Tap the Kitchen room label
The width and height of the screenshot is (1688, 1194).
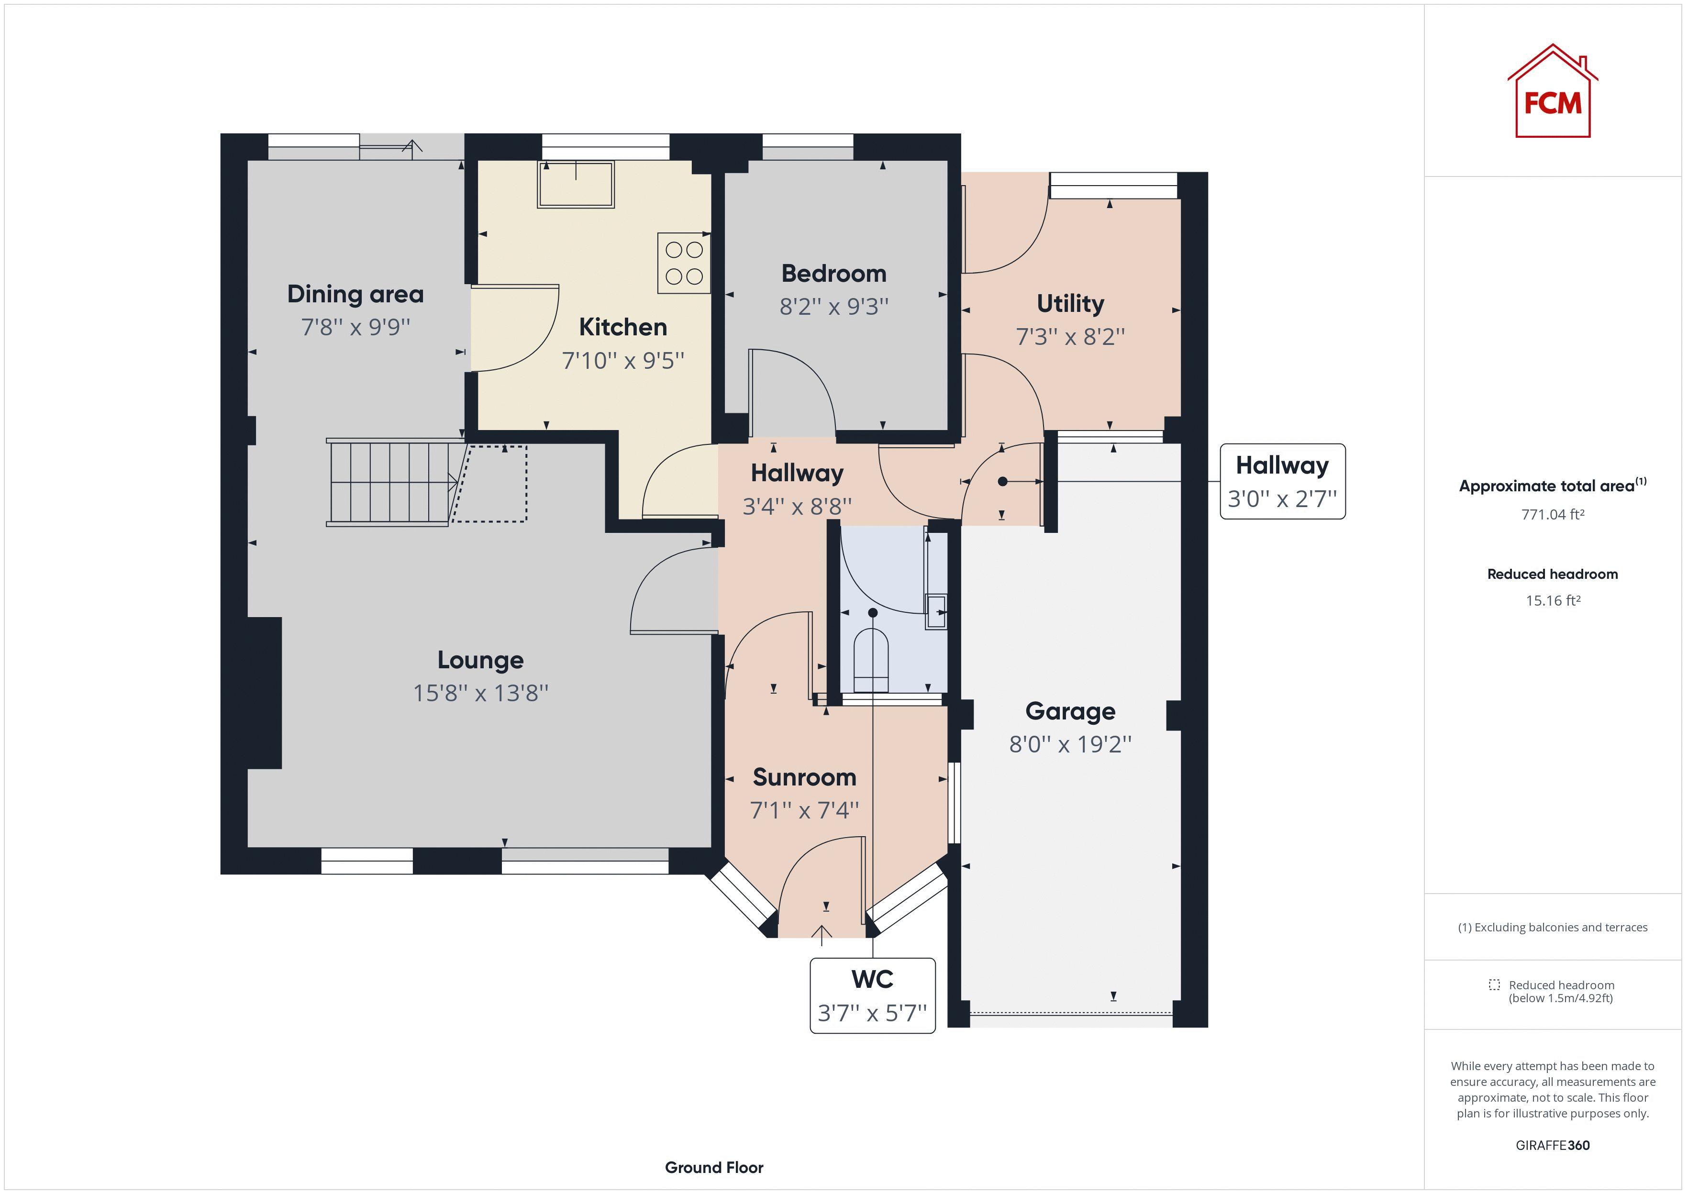click(622, 327)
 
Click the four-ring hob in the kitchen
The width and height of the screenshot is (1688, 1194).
click(684, 263)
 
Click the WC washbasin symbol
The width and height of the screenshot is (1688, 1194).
click(936, 611)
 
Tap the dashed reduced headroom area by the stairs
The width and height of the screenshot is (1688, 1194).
click(490, 484)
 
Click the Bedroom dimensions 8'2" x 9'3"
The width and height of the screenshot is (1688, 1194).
click(833, 307)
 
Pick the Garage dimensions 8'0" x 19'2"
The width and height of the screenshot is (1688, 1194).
click(1070, 745)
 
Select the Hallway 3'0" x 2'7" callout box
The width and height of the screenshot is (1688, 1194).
click(1282, 482)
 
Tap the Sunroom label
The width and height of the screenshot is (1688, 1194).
click(804, 777)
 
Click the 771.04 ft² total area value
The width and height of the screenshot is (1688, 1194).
click(1552, 515)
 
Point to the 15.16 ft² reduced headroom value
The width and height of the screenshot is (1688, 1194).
click(1552, 601)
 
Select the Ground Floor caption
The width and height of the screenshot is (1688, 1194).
click(714, 1168)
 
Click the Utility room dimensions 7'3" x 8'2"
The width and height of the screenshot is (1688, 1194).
click(1070, 337)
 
